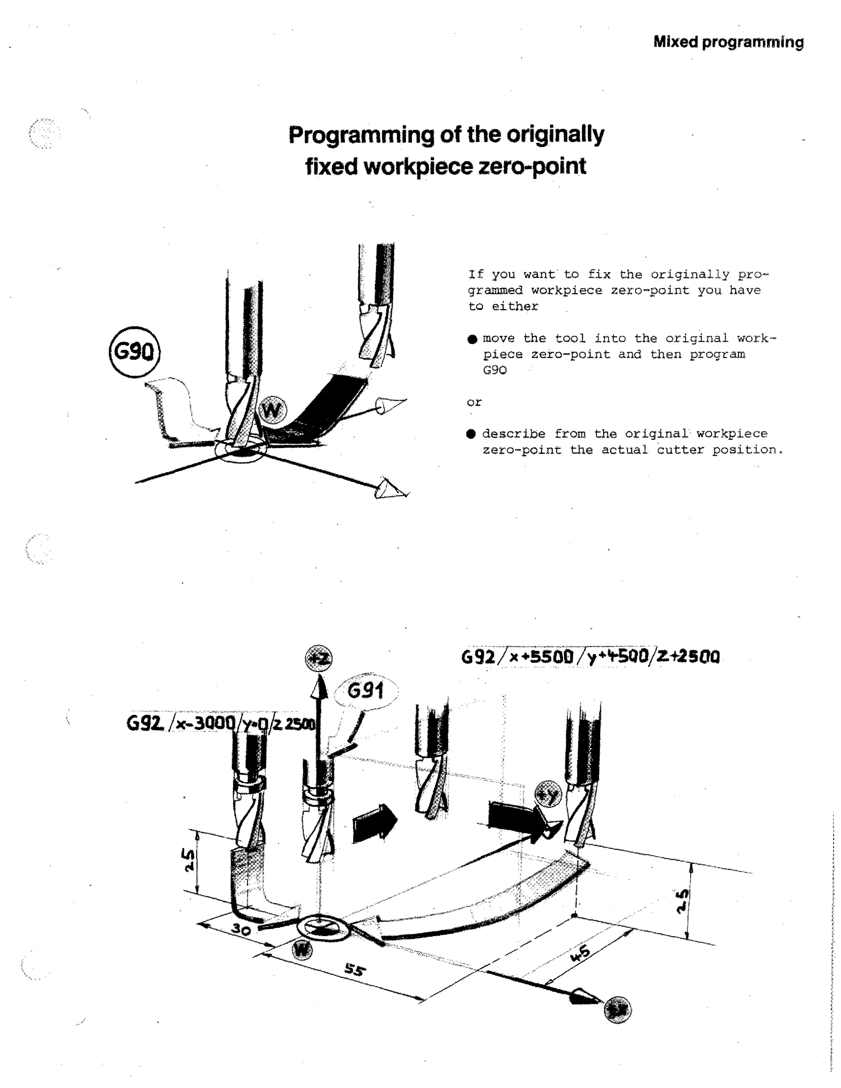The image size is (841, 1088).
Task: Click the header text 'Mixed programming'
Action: pos(728,42)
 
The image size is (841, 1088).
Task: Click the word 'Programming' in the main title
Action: pos(361,135)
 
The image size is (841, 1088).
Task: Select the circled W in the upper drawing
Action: pos(273,410)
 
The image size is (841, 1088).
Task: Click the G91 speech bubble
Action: pos(366,691)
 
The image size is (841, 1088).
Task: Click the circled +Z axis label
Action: pos(318,659)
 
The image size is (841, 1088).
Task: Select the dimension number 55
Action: pos(355,969)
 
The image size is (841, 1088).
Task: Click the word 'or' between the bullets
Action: pos(474,402)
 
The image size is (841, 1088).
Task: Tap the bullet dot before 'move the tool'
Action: pos(472,339)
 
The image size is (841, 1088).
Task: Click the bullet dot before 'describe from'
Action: pos(471,434)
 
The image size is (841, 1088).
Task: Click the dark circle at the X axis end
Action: pos(617,1010)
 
